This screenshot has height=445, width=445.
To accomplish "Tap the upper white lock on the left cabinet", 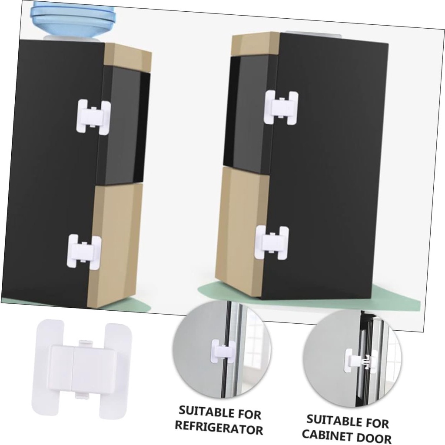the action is (x=93, y=117).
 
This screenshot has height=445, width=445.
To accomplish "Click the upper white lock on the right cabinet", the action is (x=281, y=108).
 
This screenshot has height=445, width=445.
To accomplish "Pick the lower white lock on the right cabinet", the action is (x=272, y=242).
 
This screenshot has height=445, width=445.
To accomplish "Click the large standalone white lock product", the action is (x=82, y=366).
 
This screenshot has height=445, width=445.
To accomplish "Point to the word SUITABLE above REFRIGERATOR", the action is (x=204, y=411).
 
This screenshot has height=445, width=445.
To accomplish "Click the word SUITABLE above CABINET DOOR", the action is (x=332, y=420).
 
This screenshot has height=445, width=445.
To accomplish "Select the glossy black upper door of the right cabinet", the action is (x=250, y=113).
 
